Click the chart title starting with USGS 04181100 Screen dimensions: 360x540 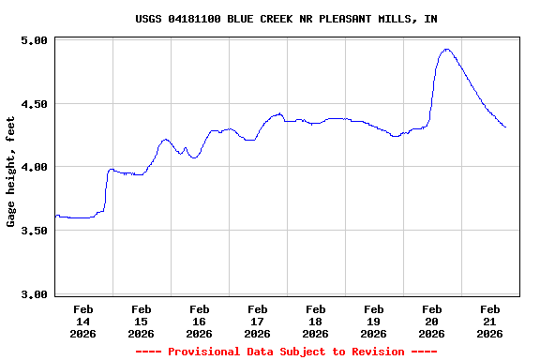pyautogui.click(x=286, y=19)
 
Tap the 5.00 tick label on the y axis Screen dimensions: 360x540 pyautogui.click(x=34, y=40)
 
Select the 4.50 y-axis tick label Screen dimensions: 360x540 pyautogui.click(x=34, y=104)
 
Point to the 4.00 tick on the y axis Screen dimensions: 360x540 pyautogui.click(x=34, y=167)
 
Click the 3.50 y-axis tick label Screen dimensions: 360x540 pyautogui.click(x=34, y=231)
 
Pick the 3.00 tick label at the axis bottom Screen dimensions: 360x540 pyautogui.click(x=34, y=294)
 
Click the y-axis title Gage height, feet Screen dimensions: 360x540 pyautogui.click(x=11, y=172)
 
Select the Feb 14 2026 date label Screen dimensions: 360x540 pyautogui.click(x=82, y=321)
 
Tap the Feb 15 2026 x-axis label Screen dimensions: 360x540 pyautogui.click(x=141, y=321)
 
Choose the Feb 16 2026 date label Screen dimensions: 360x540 pyautogui.click(x=199, y=321)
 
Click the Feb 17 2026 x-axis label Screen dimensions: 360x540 pyautogui.click(x=257, y=321)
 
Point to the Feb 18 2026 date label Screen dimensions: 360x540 pyautogui.click(x=315, y=321)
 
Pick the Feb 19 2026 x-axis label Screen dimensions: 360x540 pyautogui.click(x=373, y=321)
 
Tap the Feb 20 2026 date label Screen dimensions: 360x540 pyautogui.click(x=431, y=321)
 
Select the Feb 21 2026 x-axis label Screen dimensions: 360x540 pyautogui.click(x=489, y=321)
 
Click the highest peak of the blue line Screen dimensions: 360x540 pyautogui.click(x=447, y=49)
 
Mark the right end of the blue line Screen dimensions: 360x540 pyautogui.click(x=505, y=127)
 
